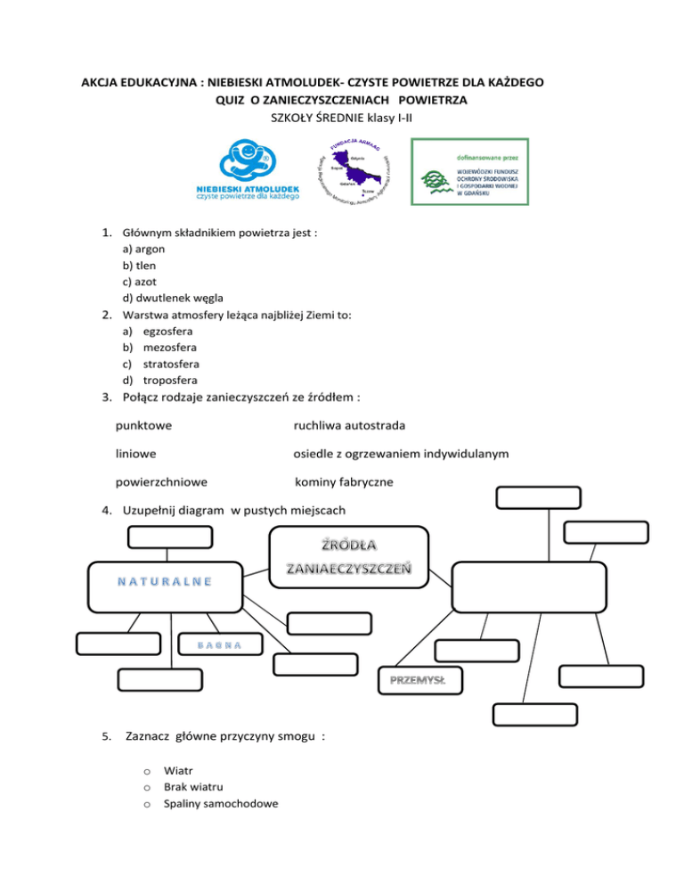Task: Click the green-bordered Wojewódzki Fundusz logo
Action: point(468,172)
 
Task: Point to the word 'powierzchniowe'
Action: point(161,482)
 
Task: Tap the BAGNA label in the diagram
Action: point(217,644)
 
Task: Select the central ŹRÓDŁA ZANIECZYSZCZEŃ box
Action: point(355,558)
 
